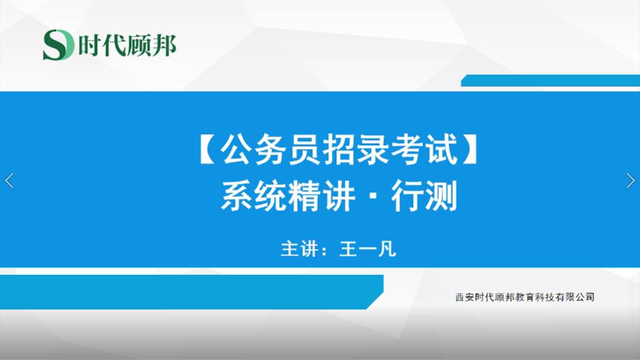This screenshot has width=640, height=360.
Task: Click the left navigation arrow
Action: click(x=9, y=180)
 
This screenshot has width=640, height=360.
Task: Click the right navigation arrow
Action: click(x=630, y=180)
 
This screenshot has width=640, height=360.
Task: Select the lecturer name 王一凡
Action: click(x=367, y=249)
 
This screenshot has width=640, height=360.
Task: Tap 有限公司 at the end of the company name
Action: click(x=577, y=297)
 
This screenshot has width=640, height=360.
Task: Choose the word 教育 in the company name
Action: click(x=524, y=297)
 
